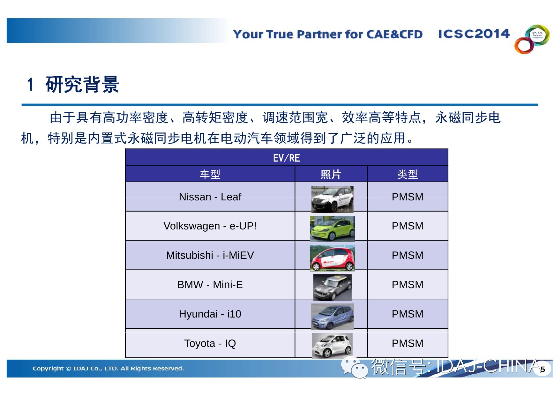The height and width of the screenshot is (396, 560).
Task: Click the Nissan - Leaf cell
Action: point(210,197)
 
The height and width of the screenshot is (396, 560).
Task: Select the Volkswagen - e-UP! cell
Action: point(210,226)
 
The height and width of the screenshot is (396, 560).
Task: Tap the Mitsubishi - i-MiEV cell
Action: point(210,255)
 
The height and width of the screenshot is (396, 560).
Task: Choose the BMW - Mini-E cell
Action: point(210,285)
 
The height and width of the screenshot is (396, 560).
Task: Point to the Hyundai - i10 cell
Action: point(210,314)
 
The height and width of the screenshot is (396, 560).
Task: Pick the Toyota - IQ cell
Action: point(210,343)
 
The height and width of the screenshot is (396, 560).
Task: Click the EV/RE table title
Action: point(287,158)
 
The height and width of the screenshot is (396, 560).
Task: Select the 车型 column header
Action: point(210,174)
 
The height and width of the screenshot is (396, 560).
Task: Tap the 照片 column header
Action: point(331,174)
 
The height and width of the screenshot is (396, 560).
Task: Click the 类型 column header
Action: point(408,174)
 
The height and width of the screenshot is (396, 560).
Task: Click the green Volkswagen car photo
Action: point(332,228)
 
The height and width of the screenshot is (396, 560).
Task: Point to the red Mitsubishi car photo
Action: point(332,258)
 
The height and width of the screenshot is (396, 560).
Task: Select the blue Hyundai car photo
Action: point(332,317)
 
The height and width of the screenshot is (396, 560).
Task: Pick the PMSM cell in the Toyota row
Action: point(408,343)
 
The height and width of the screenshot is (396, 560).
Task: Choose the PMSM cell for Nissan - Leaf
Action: point(408,197)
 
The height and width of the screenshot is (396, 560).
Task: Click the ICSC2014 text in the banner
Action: point(474,34)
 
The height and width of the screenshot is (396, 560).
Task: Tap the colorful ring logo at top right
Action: point(532,39)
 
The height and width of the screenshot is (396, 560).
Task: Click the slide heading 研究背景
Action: point(82,85)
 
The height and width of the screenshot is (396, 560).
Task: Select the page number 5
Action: point(543,370)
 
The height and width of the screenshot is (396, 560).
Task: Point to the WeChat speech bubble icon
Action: point(354,368)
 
